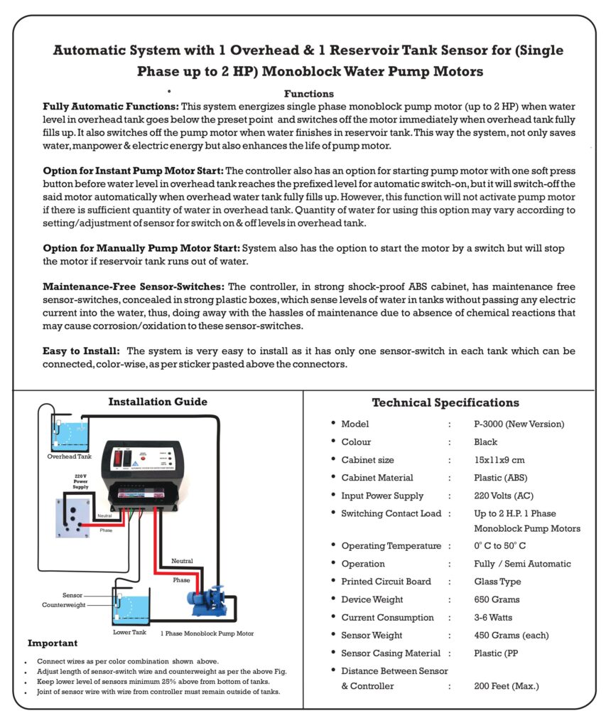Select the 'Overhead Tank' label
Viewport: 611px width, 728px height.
click(70, 456)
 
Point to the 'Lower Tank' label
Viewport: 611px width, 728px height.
click(130, 632)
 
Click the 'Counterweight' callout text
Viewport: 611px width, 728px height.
click(63, 605)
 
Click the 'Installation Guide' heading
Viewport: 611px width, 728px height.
click(158, 402)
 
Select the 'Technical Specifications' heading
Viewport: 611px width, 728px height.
click(445, 403)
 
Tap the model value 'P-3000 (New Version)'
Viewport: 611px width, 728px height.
click(519, 424)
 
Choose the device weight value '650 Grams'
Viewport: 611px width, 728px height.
click(497, 600)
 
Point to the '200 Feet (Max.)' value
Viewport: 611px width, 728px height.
click(507, 687)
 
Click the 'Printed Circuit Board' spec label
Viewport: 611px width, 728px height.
click(386, 582)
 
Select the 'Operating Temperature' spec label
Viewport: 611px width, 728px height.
click(391, 546)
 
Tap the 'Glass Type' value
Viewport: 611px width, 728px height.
click(497, 582)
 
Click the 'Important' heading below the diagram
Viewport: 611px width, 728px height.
click(53, 643)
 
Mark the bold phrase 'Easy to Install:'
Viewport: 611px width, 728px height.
click(81, 351)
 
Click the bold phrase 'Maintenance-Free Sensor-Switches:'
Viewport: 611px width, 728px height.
click(134, 287)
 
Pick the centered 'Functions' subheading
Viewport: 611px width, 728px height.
click(309, 94)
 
